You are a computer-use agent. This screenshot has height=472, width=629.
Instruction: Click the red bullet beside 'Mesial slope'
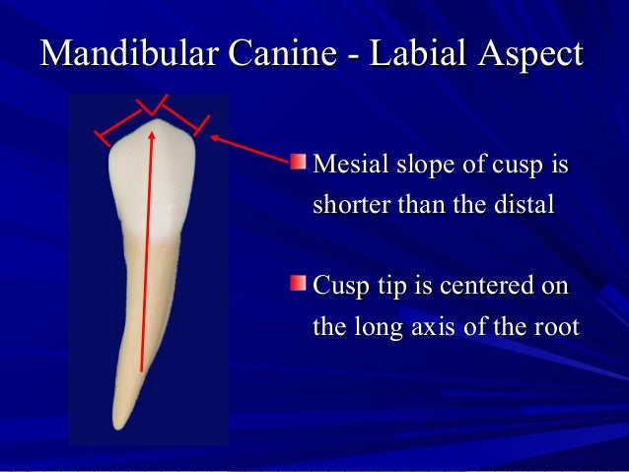click(x=299, y=161)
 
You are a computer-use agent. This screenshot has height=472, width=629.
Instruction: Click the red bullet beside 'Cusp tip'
click(x=299, y=285)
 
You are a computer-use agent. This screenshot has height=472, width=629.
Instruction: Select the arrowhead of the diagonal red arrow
click(x=214, y=141)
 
